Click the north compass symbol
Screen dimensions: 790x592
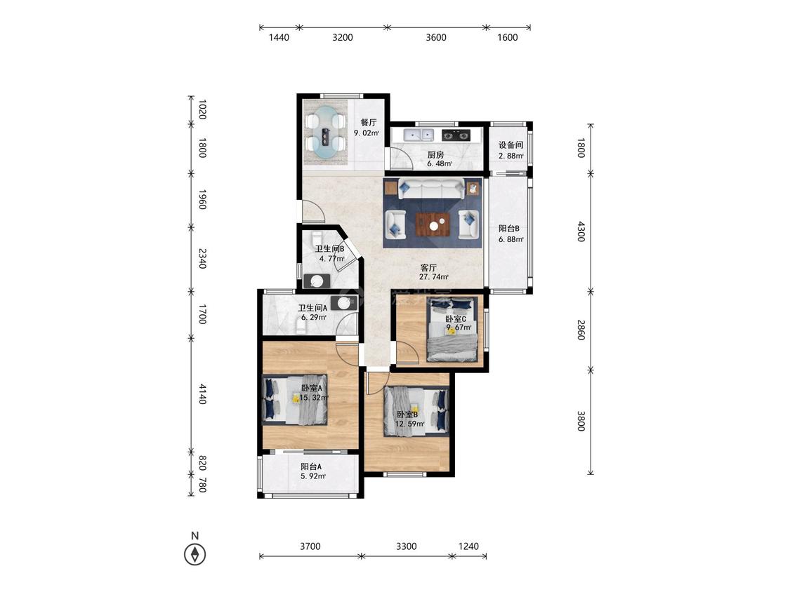(x=195, y=555)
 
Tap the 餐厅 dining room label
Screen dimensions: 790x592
(x=368, y=122)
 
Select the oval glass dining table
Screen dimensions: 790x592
(x=325, y=133)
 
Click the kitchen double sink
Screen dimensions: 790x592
(x=419, y=135)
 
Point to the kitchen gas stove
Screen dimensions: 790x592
(x=456, y=135)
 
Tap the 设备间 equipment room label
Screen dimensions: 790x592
(x=511, y=145)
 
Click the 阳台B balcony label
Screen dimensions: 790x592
(x=509, y=229)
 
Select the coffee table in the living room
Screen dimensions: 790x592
(x=433, y=224)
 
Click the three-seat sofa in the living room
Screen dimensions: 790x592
(x=431, y=189)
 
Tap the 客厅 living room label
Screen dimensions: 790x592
(x=428, y=268)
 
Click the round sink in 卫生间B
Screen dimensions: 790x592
(x=317, y=281)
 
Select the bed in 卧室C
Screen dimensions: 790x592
(x=452, y=329)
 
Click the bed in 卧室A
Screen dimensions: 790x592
(x=295, y=400)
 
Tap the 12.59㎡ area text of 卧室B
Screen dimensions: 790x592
(x=409, y=424)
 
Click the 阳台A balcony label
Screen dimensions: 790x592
(x=311, y=466)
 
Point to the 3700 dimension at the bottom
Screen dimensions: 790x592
(x=310, y=546)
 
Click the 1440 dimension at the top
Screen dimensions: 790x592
(x=279, y=37)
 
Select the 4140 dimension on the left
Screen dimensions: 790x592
(x=202, y=393)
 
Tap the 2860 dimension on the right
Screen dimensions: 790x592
(x=581, y=330)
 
